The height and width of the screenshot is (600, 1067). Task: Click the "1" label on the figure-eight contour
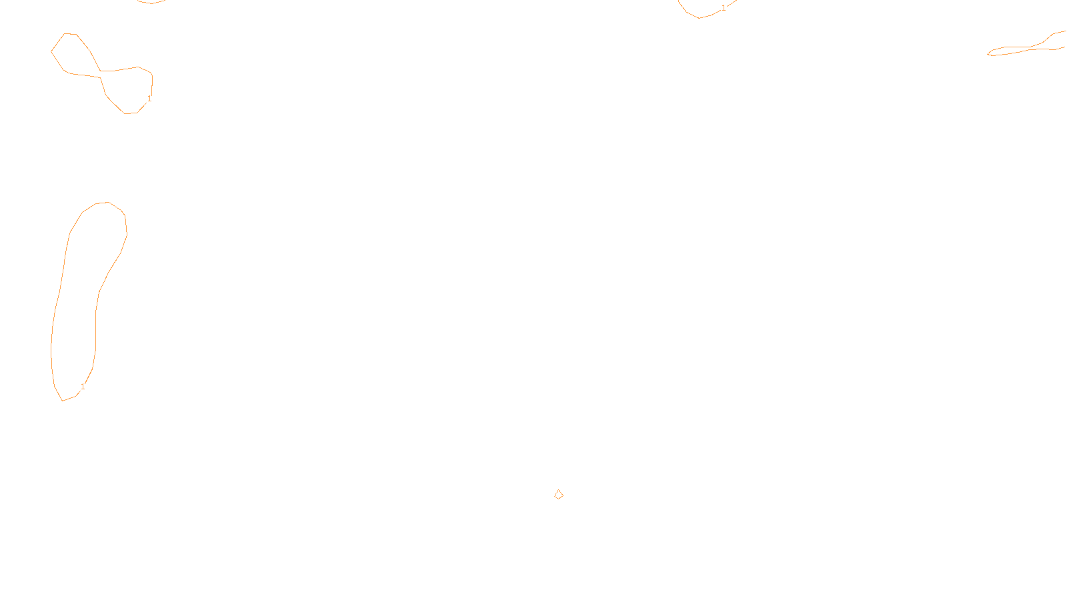pos(149,99)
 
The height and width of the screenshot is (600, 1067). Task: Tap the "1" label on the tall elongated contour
pos(83,387)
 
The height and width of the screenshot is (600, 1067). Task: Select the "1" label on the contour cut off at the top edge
pos(724,8)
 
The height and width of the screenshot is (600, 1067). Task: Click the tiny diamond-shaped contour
pos(559,494)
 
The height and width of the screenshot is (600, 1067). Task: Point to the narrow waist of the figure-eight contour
pos(101,74)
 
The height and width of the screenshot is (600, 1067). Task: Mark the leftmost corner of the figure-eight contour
pos(51,51)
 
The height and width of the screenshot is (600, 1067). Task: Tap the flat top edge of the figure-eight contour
pos(70,34)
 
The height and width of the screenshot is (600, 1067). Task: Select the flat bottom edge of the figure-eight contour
pos(131,113)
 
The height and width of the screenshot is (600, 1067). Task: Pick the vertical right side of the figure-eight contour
pos(152,84)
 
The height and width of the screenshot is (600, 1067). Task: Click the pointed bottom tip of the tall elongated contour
pos(63,401)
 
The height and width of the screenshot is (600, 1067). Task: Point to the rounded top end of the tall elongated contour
pos(102,203)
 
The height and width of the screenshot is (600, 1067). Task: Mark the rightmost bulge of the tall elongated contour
pos(127,234)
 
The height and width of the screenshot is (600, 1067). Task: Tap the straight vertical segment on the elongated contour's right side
pos(96,331)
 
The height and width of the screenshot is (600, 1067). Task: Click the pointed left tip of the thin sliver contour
pos(988,54)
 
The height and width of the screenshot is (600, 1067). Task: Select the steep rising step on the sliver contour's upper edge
pos(1048,39)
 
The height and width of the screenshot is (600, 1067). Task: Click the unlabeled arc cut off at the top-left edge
pos(151,3)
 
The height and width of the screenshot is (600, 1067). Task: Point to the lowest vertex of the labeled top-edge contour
pos(700,18)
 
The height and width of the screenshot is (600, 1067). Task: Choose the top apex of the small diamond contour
pos(559,489)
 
